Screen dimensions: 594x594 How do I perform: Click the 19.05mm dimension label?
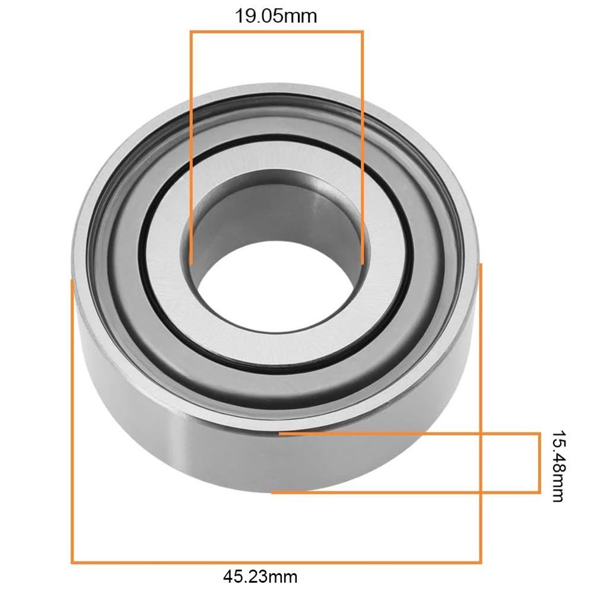click(276, 15)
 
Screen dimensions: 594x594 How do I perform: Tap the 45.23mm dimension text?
click(260, 576)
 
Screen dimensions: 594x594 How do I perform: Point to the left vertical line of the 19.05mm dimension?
click(191, 148)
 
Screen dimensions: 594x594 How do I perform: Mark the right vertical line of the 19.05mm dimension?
click(362, 148)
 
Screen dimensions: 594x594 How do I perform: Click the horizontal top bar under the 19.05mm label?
click(276, 32)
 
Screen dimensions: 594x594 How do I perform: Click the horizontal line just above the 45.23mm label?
click(276, 561)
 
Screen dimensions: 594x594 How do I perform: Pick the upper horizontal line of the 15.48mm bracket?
click(409, 434)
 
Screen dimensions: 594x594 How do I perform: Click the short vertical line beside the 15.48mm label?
click(539, 463)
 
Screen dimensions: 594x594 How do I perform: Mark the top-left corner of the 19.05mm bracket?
click(191, 32)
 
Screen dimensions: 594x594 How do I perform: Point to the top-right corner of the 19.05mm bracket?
click(362, 32)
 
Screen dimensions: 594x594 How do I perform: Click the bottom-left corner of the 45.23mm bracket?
click(72, 561)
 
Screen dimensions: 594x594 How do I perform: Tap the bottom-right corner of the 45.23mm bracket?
click(480, 561)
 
